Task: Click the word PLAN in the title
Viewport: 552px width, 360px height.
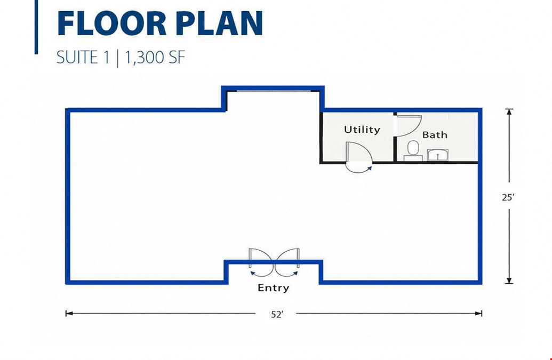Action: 215,23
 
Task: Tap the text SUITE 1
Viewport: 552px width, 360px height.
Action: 83,57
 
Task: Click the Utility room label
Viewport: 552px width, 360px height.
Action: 362,130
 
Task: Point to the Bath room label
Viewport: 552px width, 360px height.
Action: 435,135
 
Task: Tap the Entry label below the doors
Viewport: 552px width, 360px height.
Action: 273,288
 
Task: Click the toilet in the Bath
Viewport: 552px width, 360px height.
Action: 413,151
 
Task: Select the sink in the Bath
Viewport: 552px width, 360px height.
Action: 437,155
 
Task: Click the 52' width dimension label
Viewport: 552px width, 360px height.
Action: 277,314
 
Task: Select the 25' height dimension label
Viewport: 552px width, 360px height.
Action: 508,197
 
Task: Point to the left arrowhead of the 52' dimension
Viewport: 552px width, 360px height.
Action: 69,313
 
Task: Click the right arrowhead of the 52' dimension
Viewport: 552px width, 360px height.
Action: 479,313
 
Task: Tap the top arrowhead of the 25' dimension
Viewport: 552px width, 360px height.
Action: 509,112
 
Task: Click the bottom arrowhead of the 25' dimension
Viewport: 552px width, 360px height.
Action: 509,280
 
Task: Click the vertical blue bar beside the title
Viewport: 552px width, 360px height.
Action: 36,27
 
